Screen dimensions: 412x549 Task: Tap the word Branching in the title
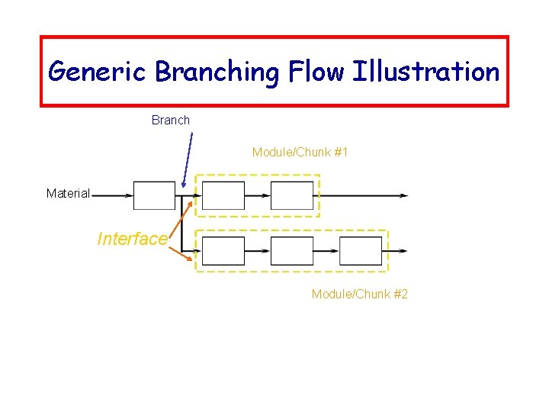click(218, 72)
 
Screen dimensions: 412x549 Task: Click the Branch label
click(171, 120)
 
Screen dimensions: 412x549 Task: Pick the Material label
click(68, 194)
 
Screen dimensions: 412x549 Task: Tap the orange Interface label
click(132, 239)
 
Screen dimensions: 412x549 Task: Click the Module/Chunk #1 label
click(300, 152)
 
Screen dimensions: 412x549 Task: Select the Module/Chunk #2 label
click(360, 294)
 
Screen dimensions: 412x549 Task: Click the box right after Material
click(154, 195)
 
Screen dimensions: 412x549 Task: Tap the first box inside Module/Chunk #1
click(223, 195)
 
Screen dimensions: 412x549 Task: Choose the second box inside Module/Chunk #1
click(292, 195)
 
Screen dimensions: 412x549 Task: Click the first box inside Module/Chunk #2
click(223, 250)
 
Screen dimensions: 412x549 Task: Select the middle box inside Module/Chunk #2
click(292, 250)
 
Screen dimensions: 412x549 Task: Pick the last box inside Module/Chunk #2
click(361, 250)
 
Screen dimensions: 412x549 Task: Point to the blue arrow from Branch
click(188, 160)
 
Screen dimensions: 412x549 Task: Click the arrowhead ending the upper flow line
click(403, 195)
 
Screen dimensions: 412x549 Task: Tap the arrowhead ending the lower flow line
click(403, 250)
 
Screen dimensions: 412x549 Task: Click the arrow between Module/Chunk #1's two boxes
click(258, 195)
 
